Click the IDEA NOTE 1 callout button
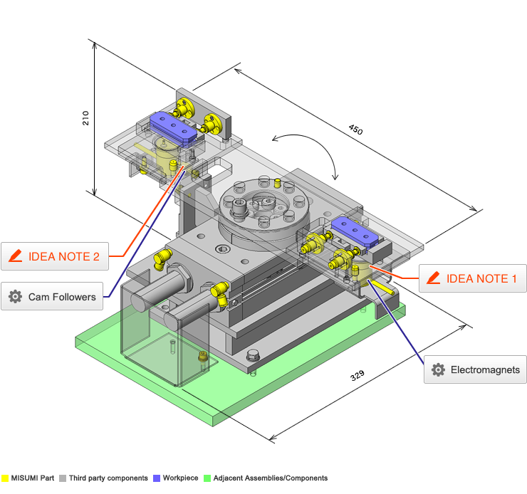(x=471, y=278)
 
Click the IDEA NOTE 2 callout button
(x=55, y=256)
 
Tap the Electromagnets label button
(x=476, y=369)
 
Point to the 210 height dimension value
(x=85, y=117)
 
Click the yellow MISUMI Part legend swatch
(x=4, y=478)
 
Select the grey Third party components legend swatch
(x=63, y=478)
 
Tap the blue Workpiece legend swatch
(x=157, y=478)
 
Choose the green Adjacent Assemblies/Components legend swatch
(x=208, y=478)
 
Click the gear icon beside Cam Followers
(x=16, y=296)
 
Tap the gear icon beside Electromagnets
(x=438, y=369)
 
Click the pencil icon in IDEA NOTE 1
(x=433, y=278)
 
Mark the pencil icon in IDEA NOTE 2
(x=16, y=256)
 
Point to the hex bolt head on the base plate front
(x=254, y=355)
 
